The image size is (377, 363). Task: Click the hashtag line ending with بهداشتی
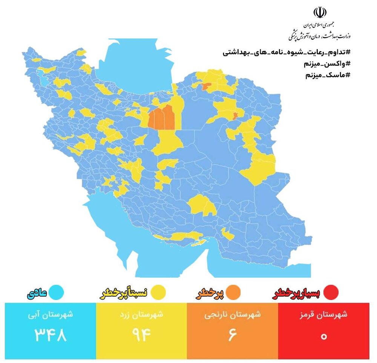pos(287,52)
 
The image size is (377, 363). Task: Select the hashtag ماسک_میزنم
pos(328,75)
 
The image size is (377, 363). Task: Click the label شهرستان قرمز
pos(324,315)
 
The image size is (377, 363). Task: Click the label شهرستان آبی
pos(51,315)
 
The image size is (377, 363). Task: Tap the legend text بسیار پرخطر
pos(296,293)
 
